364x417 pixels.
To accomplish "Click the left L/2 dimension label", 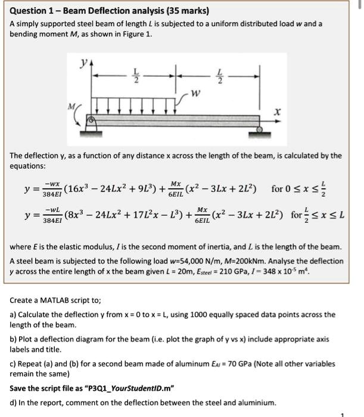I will [x=135, y=76].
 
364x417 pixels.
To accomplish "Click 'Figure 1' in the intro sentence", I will [x=136, y=34].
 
